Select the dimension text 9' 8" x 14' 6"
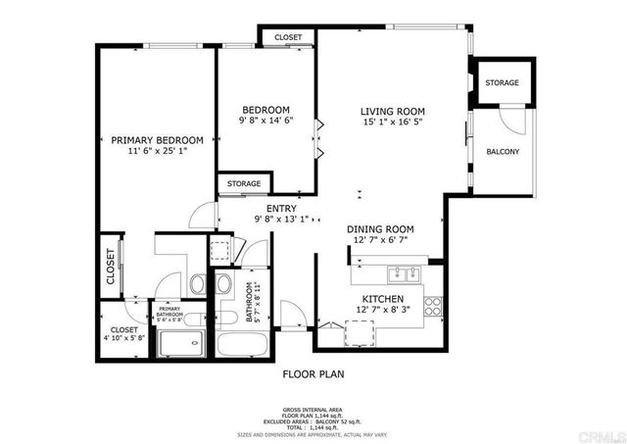coord(266,121)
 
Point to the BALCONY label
coord(503,152)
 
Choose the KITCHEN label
coord(383,297)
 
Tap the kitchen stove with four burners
coord(434,303)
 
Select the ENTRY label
coord(281,207)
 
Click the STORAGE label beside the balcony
coord(503,83)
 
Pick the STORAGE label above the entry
coord(244,183)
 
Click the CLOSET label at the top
coord(288,37)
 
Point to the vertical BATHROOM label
coord(250,304)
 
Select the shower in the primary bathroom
coord(181,343)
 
